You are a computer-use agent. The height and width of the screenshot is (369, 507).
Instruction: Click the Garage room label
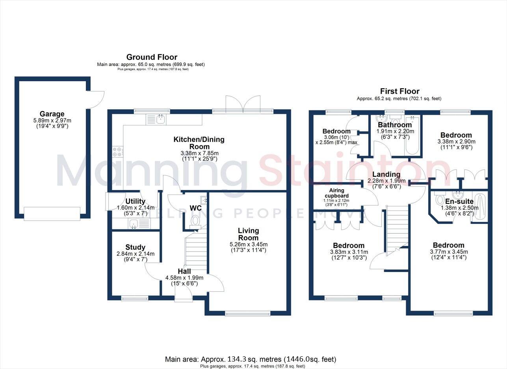point(52,114)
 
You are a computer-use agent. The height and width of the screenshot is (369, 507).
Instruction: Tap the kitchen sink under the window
point(161,119)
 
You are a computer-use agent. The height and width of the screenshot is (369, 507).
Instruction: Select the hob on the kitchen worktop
point(117,152)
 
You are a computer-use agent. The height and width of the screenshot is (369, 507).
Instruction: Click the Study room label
point(136,248)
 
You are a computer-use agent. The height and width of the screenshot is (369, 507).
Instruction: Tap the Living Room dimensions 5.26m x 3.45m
point(248,244)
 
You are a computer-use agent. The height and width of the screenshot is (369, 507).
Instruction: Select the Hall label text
point(184,272)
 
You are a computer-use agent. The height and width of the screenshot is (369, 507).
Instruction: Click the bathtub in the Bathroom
point(412,134)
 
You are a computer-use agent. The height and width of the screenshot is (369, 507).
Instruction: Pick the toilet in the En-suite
point(440,200)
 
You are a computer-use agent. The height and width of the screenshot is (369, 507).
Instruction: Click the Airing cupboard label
point(334,193)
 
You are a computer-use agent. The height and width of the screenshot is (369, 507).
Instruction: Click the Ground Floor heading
point(151,57)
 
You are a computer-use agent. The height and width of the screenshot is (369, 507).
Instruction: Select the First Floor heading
point(399,91)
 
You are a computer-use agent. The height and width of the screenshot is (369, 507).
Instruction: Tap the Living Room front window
point(248,314)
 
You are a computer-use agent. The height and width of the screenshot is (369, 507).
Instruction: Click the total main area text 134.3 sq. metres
point(251,359)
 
